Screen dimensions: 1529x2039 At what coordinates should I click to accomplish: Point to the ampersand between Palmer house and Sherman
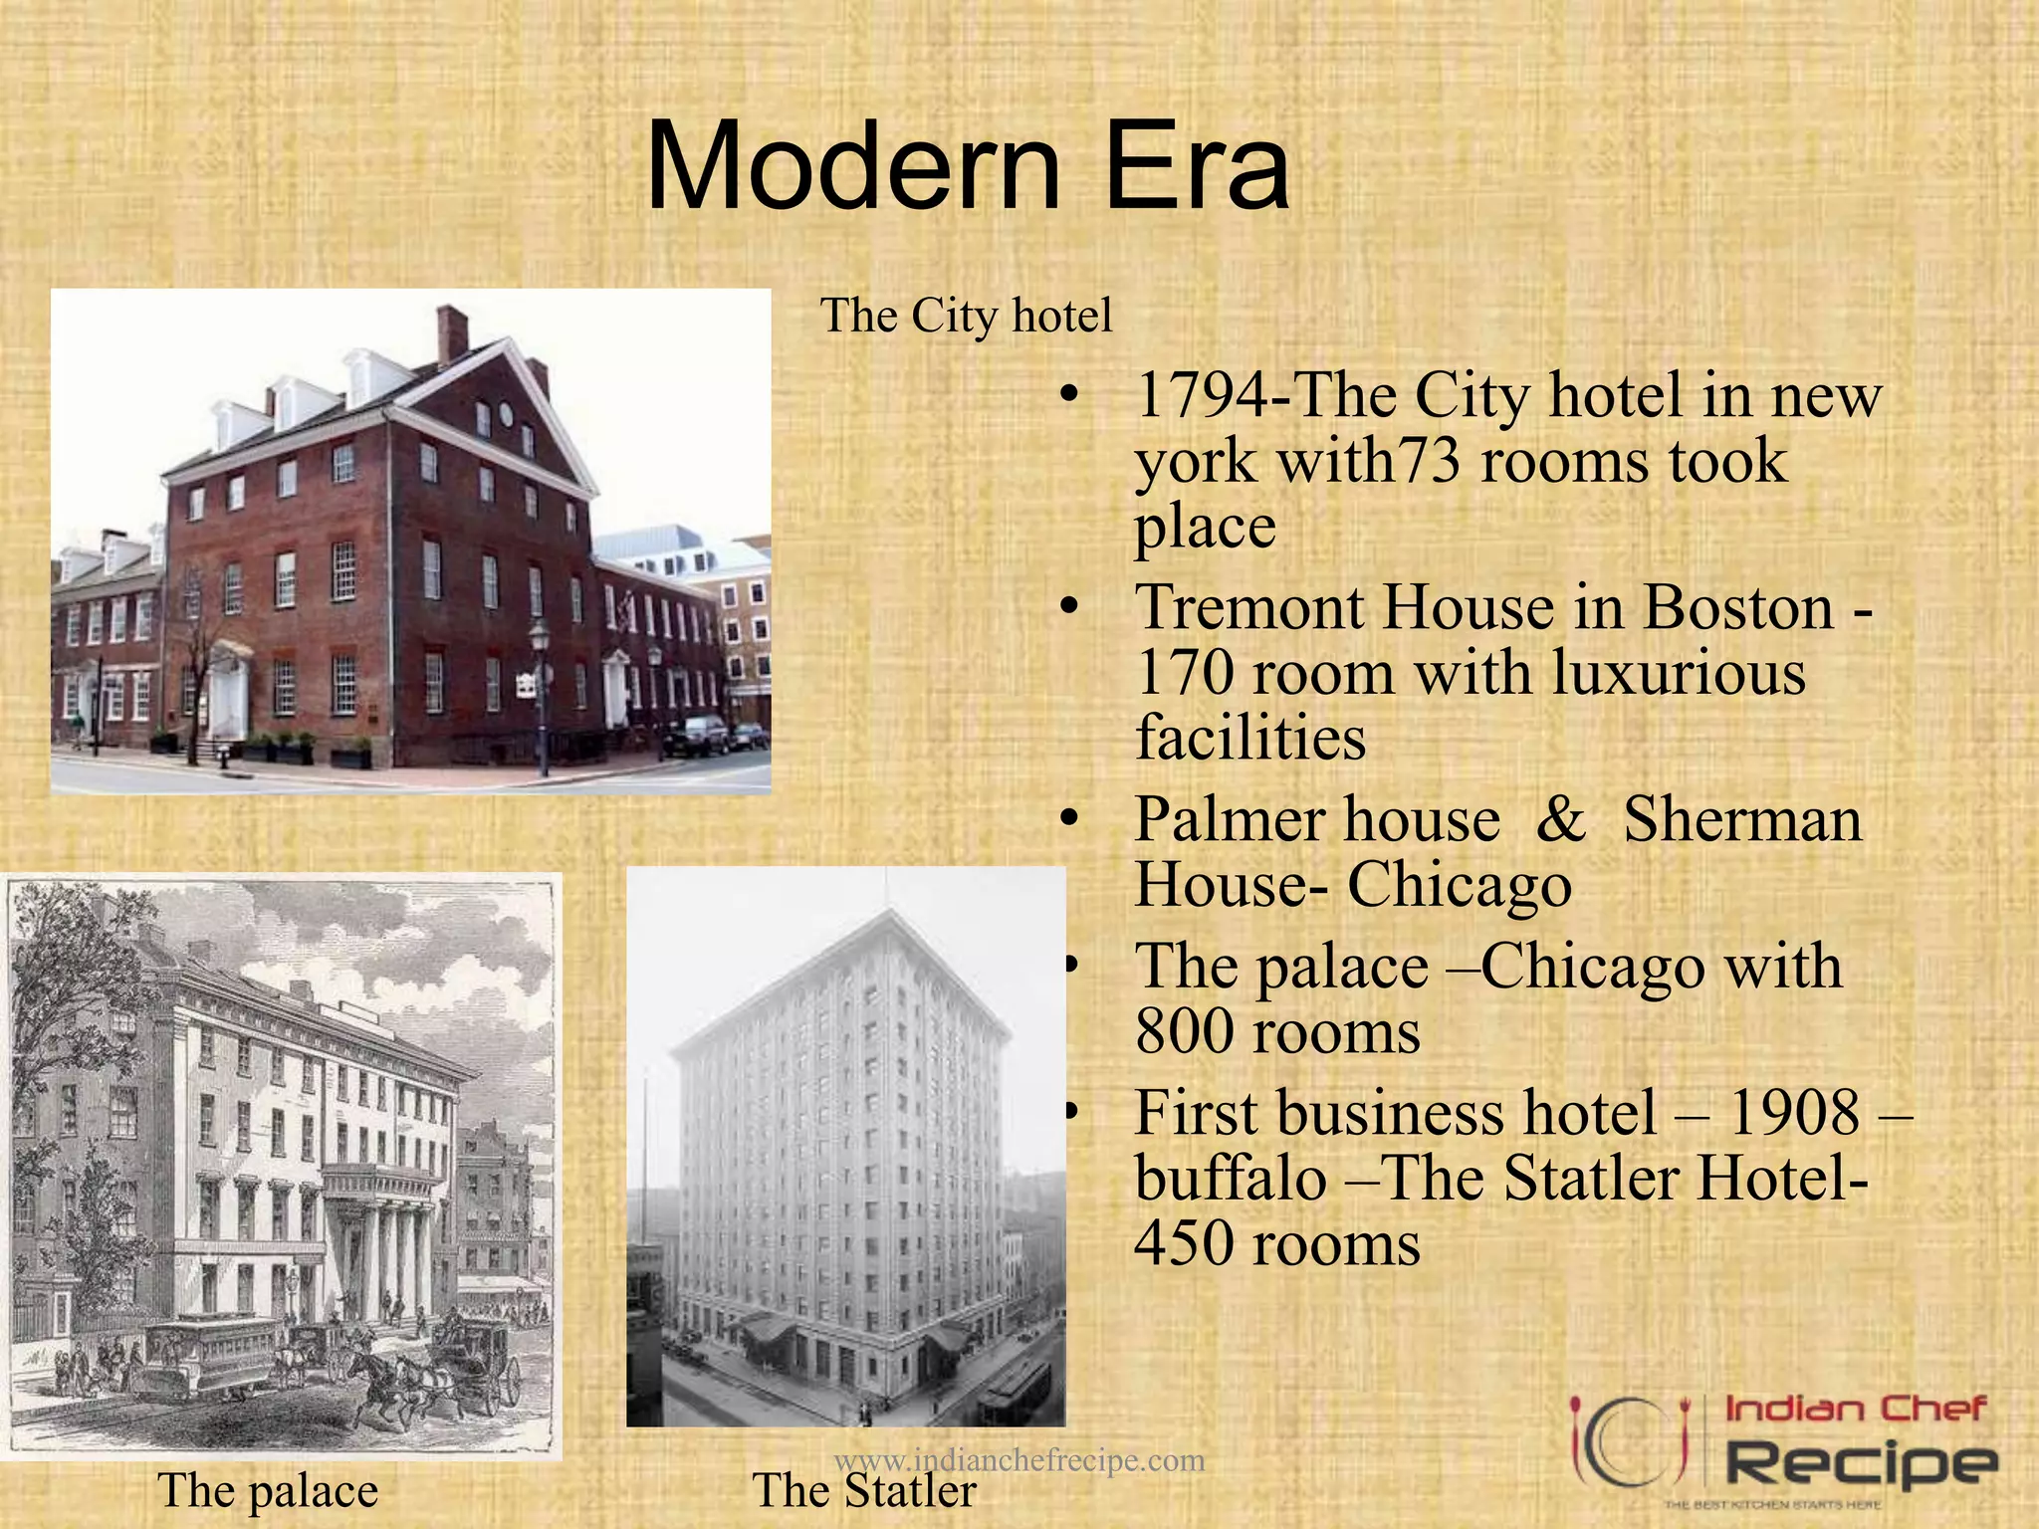click(1561, 820)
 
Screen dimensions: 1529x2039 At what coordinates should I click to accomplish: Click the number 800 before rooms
click(1185, 1032)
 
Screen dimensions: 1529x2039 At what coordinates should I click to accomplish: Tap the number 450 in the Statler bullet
click(1185, 1244)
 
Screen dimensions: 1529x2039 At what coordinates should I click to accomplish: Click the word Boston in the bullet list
click(1737, 607)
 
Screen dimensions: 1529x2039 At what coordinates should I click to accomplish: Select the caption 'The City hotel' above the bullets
click(966, 316)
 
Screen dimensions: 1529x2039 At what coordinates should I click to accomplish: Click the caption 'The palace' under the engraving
click(268, 1491)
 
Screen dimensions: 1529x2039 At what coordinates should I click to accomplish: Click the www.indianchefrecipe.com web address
click(1019, 1459)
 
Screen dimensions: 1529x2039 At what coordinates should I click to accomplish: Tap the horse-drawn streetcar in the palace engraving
click(209, 1354)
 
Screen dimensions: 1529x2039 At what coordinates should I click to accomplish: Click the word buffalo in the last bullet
click(1231, 1179)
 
